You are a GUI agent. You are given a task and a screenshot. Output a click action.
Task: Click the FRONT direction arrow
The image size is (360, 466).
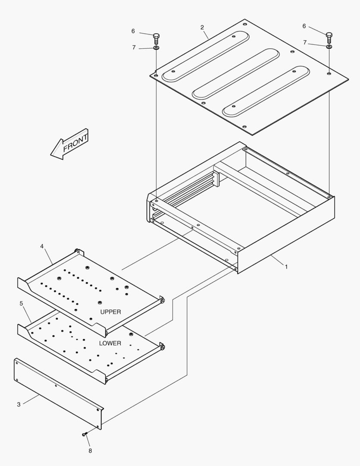70,144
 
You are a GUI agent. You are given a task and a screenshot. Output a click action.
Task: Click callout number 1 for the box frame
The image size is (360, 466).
286,267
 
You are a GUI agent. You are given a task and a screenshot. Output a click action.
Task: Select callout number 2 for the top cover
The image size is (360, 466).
202,28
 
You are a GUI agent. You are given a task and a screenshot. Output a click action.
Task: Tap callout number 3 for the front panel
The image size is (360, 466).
19,404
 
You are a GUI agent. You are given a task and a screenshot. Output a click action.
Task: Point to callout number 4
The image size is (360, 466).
42,246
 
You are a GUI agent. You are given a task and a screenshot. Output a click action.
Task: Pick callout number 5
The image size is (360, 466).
21,303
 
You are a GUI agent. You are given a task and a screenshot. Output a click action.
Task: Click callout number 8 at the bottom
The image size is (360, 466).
90,450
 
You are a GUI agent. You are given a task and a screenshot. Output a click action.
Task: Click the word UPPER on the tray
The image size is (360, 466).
111,312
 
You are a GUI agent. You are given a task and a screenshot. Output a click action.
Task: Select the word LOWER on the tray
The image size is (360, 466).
110,343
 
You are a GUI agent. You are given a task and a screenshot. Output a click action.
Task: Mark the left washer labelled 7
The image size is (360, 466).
156,47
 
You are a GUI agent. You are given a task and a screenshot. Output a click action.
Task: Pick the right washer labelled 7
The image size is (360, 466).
329,46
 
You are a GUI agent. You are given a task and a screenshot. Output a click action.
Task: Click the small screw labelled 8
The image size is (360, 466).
85,434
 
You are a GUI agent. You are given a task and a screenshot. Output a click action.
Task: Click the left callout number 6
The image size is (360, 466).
133,31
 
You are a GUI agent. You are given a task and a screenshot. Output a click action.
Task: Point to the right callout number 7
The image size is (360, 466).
305,43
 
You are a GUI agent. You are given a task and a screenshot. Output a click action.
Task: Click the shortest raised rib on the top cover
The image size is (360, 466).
266,91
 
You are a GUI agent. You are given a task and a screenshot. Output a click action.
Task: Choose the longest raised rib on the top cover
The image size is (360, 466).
206,57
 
